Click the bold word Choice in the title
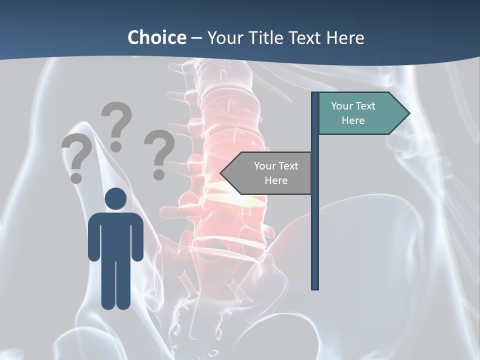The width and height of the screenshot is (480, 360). pos(156,37)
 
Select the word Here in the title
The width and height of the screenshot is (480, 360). pos(345,37)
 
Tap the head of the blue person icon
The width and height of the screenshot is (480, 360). pos(115,199)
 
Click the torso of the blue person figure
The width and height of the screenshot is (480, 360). pos(115,235)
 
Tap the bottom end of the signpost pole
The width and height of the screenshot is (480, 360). pos(315,287)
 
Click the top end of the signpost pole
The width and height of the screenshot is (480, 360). pos(315,94)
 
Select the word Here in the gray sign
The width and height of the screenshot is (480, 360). pos(276,180)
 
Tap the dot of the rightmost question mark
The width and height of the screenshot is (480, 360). pos(159,174)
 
